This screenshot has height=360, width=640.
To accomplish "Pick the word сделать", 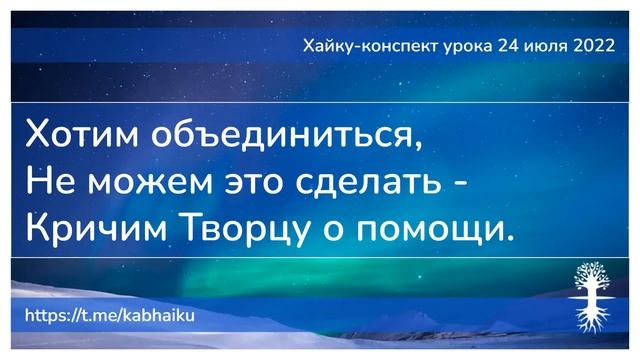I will coord(375,183).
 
